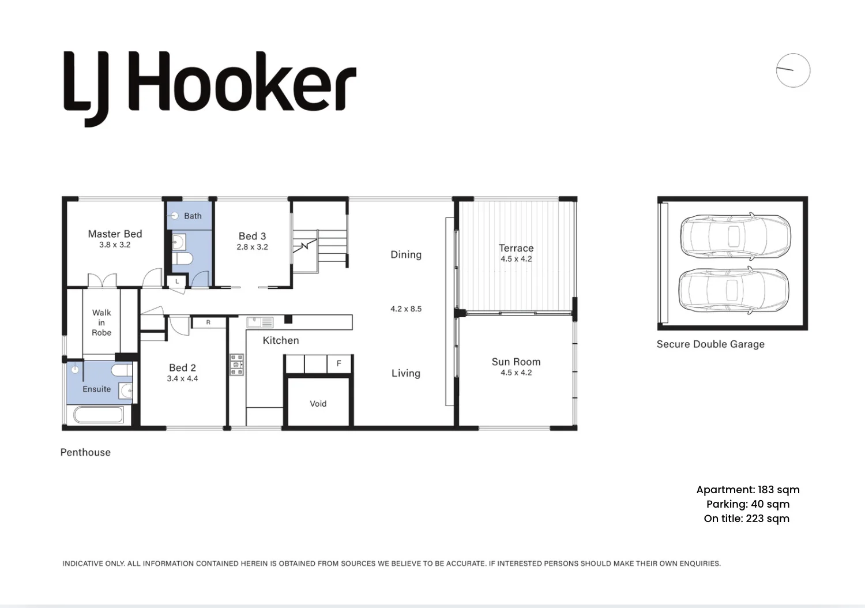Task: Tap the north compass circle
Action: (793, 70)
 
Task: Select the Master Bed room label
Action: (115, 234)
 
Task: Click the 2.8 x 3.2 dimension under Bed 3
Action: (252, 247)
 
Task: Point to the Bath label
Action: (193, 216)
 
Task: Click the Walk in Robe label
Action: (101, 322)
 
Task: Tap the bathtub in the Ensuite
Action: (99, 415)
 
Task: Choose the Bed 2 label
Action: (182, 367)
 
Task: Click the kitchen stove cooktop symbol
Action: (237, 365)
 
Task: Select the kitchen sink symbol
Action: (260, 321)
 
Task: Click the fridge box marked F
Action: (339, 363)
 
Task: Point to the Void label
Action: (318, 404)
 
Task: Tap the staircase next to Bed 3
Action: (319, 247)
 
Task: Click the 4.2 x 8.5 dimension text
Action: (406, 309)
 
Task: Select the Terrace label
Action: (516, 248)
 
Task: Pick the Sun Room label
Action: (516, 362)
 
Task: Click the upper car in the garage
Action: (734, 237)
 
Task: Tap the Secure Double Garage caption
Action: (710, 344)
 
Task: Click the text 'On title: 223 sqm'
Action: (747, 519)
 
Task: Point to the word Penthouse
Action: (85, 452)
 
